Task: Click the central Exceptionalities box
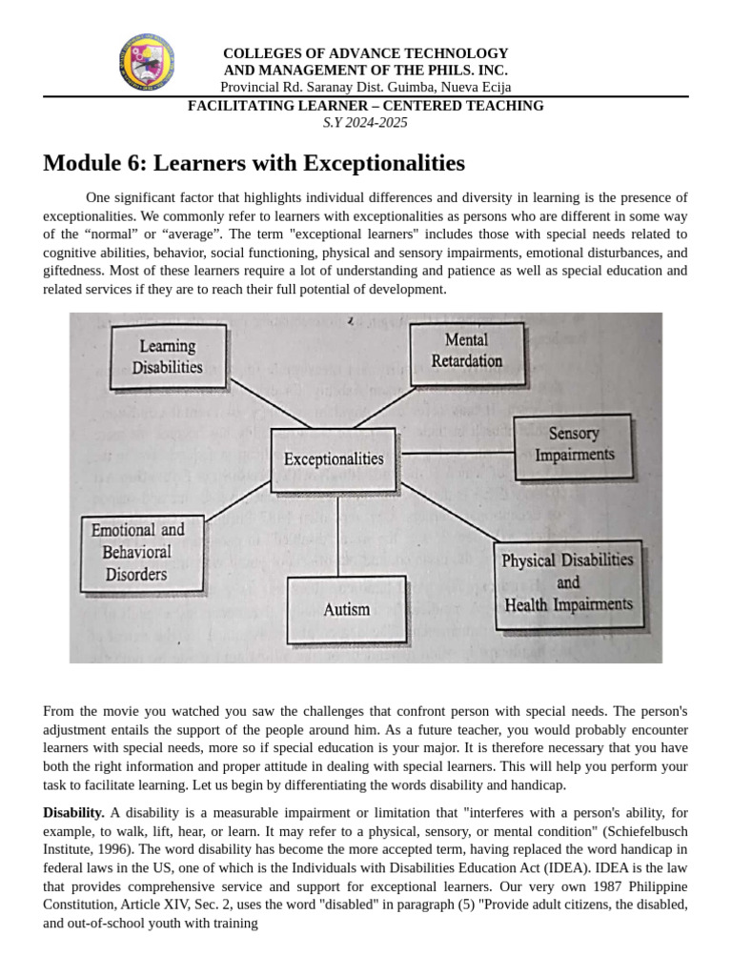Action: (x=334, y=458)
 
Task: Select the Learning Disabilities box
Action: (x=168, y=356)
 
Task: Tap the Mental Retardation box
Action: (x=466, y=351)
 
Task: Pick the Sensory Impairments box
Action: (x=574, y=445)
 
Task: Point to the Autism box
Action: (x=346, y=609)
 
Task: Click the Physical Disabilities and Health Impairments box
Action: (x=567, y=582)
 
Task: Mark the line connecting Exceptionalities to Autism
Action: (x=338, y=533)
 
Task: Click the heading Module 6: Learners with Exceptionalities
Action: (x=254, y=163)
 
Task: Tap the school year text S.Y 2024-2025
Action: (x=366, y=122)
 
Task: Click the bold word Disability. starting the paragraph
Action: (x=73, y=813)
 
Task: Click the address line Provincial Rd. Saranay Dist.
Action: (x=366, y=87)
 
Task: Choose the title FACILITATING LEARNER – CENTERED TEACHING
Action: (x=366, y=106)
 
